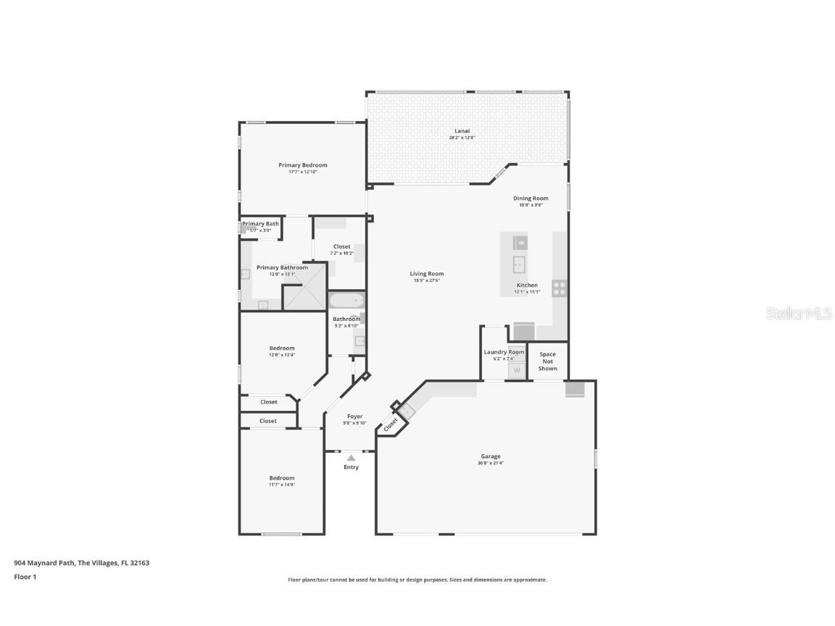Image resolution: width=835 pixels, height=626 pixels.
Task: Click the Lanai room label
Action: pos(457,131)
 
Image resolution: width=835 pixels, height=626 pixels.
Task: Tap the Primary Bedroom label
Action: pos(302,165)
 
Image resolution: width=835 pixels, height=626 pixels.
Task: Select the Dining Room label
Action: pos(531,199)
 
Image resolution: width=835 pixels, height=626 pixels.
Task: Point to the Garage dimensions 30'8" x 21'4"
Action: pos(491,463)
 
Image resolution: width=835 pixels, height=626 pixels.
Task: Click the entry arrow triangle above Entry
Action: pos(351,458)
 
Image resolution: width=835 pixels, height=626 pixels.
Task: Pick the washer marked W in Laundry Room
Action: pos(517,370)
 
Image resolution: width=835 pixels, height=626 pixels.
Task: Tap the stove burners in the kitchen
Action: pos(560,288)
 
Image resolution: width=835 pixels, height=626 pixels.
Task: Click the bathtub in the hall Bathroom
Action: pos(346,301)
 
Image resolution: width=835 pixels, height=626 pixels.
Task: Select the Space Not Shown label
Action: pos(547,362)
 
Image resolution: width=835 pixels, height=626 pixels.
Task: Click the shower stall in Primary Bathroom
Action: pos(304,297)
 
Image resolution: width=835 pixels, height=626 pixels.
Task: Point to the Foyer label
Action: pos(354,417)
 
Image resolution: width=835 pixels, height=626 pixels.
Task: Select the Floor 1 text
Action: pos(25,577)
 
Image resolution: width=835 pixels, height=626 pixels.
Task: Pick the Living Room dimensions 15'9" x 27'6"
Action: pos(426,280)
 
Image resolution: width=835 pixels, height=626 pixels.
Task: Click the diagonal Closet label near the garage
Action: pos(391,422)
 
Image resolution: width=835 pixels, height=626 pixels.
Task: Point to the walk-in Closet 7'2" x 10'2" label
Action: pos(341,247)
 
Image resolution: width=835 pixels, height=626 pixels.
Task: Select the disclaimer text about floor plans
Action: pos(417,580)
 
